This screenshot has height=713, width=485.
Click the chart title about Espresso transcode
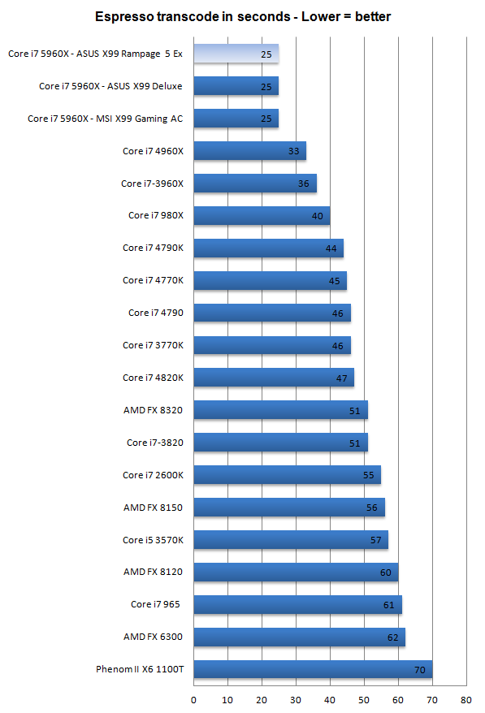(x=242, y=17)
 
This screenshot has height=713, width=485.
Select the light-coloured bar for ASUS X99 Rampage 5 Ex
(x=236, y=54)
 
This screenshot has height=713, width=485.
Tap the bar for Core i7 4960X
(x=249, y=151)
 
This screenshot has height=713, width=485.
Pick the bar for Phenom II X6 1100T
(x=313, y=669)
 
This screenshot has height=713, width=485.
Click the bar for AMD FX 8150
(x=289, y=508)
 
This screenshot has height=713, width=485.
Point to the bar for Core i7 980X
(x=262, y=215)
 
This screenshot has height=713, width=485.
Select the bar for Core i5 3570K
(x=291, y=540)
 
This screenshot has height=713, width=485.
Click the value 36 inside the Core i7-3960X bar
(x=304, y=184)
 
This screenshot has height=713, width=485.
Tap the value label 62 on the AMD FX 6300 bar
(x=392, y=637)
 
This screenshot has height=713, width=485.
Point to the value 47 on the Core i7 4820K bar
(x=342, y=378)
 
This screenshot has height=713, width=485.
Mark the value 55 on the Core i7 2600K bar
(x=369, y=475)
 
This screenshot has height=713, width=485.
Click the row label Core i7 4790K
(x=153, y=248)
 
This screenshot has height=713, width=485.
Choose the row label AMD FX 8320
(x=153, y=410)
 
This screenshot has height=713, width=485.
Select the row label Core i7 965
(x=155, y=604)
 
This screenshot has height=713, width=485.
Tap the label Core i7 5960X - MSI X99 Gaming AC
(x=105, y=119)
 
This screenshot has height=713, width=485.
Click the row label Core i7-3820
(x=154, y=443)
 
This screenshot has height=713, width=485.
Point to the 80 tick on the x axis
(x=466, y=700)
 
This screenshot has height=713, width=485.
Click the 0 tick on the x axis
(x=193, y=700)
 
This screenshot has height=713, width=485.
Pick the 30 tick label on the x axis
(x=296, y=700)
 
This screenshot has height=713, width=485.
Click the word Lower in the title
(x=321, y=17)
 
